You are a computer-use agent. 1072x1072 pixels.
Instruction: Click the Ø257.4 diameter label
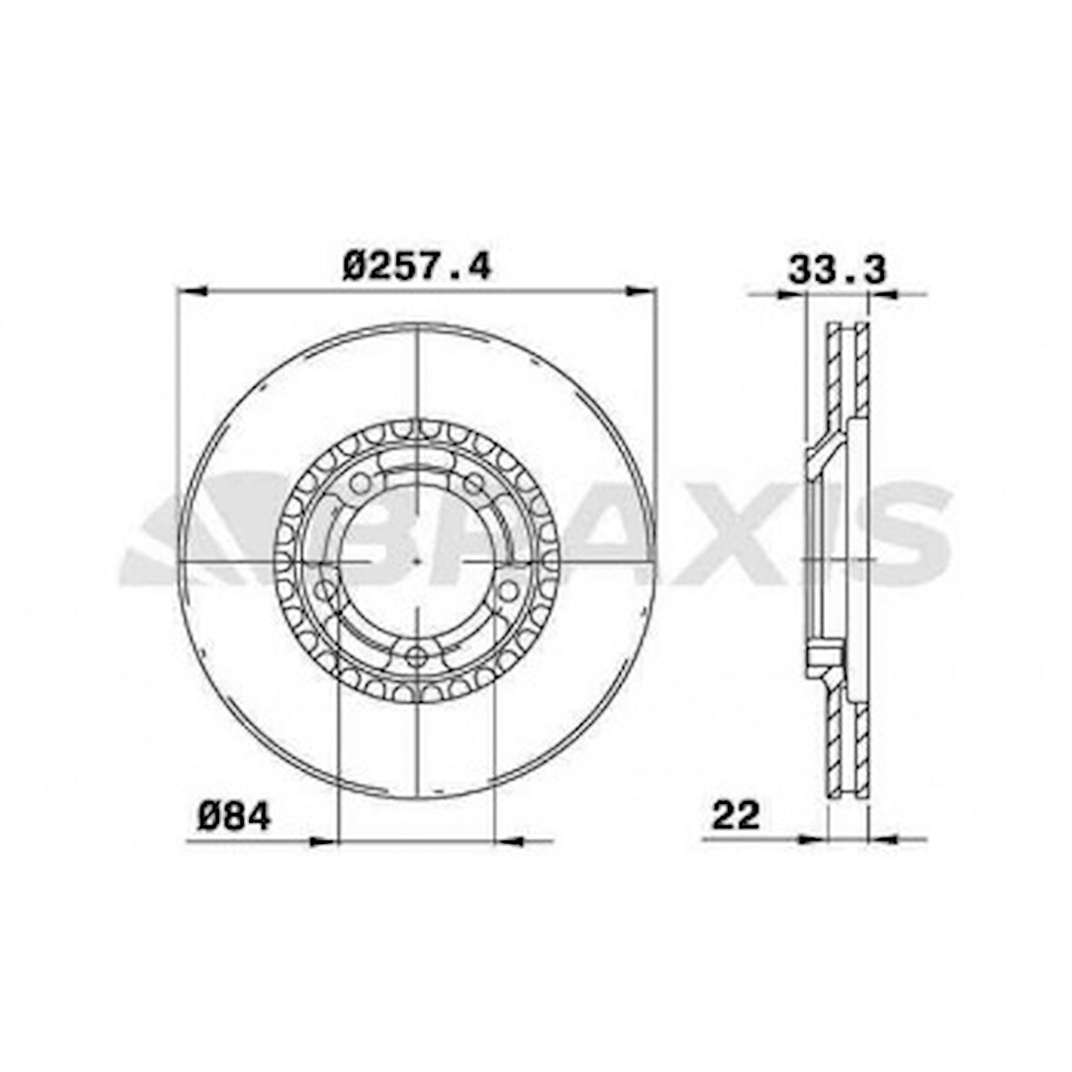(416, 266)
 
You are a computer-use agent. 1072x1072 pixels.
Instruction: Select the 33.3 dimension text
(837, 269)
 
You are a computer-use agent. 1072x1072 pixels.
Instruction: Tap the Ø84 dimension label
(234, 816)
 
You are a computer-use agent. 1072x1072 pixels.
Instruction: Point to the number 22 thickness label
(736, 815)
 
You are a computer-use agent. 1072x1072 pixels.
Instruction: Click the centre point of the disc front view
(417, 560)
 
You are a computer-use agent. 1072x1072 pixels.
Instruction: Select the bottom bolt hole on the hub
(416, 657)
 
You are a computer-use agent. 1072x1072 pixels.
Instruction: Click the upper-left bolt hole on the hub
(360, 483)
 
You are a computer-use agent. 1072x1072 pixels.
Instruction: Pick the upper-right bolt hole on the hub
(474, 483)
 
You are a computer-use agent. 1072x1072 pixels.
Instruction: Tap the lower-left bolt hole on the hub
(327, 590)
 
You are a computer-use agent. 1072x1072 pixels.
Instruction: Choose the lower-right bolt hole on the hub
(507, 590)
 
